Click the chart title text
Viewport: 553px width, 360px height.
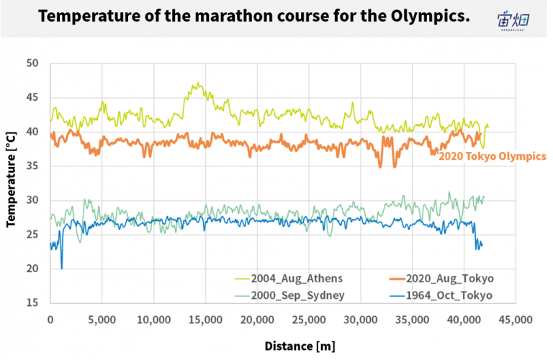coord(254,17)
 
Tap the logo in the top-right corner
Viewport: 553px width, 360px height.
coord(513,20)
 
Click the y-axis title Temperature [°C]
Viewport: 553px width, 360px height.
coord(11,179)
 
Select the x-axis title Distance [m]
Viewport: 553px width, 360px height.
coord(300,346)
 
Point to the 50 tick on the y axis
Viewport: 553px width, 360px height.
coord(32,63)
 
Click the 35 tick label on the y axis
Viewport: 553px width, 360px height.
coord(32,166)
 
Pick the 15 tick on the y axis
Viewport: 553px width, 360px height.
coord(32,303)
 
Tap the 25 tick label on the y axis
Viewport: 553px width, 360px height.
coord(32,235)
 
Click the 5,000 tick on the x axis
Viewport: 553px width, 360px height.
coord(102,320)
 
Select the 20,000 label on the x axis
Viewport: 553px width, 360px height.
coord(257,320)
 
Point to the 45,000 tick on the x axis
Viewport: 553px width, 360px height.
coord(516,320)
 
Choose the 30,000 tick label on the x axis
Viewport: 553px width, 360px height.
coord(361,320)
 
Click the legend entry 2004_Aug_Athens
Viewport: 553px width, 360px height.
coord(289,279)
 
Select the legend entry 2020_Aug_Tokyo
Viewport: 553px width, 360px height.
coord(441,279)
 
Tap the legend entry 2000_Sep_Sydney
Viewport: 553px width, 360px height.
coord(289,295)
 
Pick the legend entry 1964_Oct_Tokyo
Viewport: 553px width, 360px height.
coord(441,295)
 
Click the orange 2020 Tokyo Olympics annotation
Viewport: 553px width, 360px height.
coord(493,156)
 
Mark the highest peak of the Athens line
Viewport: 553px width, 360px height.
coord(198,83)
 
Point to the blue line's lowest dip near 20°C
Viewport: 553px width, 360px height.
coord(62,269)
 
